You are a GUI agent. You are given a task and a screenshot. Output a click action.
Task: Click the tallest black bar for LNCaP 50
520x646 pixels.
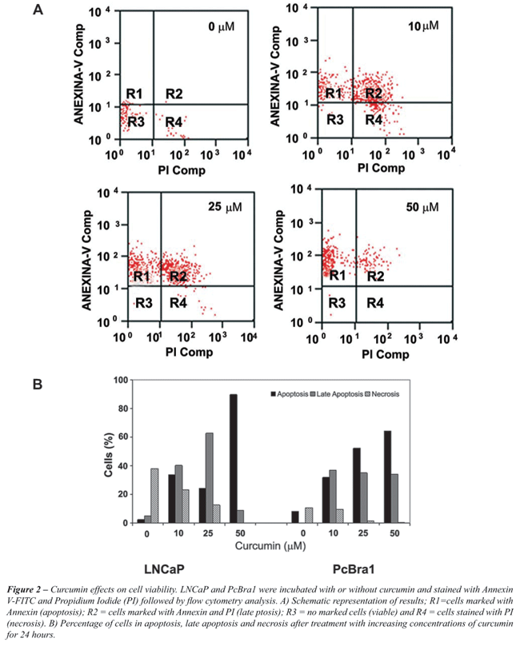pyautogui.click(x=234, y=459)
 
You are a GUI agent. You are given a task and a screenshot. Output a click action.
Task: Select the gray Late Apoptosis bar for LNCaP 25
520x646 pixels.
pyautogui.click(x=210, y=478)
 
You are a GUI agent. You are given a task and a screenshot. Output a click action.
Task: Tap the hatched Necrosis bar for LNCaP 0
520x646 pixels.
pyautogui.click(x=154, y=496)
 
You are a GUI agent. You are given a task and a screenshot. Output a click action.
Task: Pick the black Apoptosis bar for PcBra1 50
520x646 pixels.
pyautogui.click(x=388, y=477)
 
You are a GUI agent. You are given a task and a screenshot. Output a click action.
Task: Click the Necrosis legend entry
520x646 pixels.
pyautogui.click(x=382, y=394)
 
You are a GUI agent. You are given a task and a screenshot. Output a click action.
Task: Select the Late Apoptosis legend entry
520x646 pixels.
pyautogui.click(x=337, y=394)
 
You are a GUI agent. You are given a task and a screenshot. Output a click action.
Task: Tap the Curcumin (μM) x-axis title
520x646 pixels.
pyautogui.click(x=270, y=546)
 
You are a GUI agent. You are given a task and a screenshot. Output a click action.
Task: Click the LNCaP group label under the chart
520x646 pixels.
pyautogui.click(x=164, y=569)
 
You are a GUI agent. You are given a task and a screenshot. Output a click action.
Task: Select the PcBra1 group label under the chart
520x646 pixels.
pyautogui.click(x=354, y=569)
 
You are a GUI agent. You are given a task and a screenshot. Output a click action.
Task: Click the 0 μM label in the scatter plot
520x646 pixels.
pyautogui.click(x=222, y=27)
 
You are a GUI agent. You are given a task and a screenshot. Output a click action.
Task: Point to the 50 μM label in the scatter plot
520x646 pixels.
pyautogui.click(x=422, y=207)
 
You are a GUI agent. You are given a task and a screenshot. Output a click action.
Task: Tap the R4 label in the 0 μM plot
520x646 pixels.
pyautogui.click(x=174, y=122)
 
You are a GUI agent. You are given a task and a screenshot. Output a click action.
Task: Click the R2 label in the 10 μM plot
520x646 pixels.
pyautogui.click(x=374, y=94)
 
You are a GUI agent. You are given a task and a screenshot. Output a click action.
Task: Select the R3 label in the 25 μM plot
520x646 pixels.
pyautogui.click(x=144, y=303)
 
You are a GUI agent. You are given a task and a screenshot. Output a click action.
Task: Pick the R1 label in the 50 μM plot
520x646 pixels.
pyautogui.click(x=337, y=275)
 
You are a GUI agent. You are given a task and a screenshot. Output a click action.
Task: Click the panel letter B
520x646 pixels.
pyautogui.click(x=38, y=385)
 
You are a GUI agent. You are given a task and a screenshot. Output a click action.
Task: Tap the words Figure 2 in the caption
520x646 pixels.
pyautogui.click(x=24, y=589)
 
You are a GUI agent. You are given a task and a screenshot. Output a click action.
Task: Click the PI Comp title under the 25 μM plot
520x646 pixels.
pyautogui.click(x=190, y=353)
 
